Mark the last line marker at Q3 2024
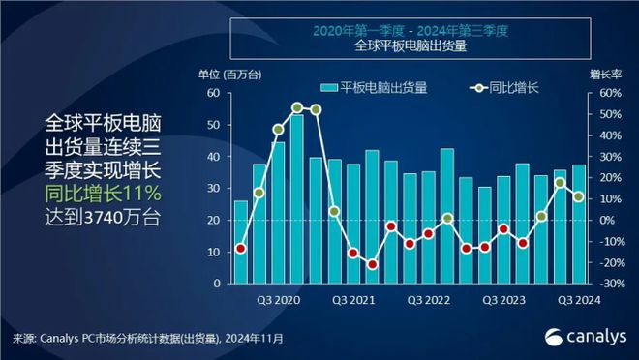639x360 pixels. pyautogui.click(x=578, y=196)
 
